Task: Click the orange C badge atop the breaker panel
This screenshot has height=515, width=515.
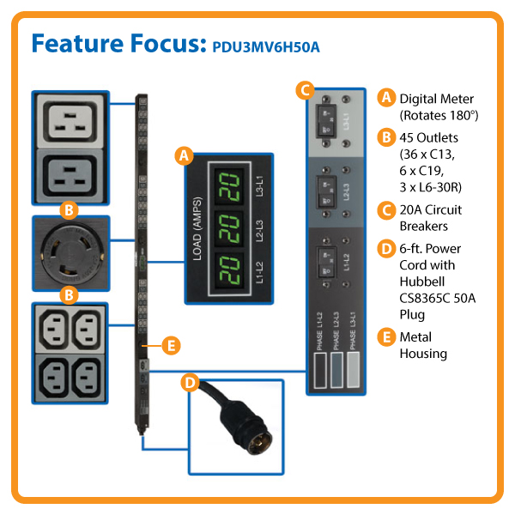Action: [302, 88]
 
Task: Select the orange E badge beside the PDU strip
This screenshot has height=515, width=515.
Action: [170, 346]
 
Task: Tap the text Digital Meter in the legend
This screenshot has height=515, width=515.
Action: [436, 99]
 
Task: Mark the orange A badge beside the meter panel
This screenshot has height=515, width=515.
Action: [182, 155]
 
